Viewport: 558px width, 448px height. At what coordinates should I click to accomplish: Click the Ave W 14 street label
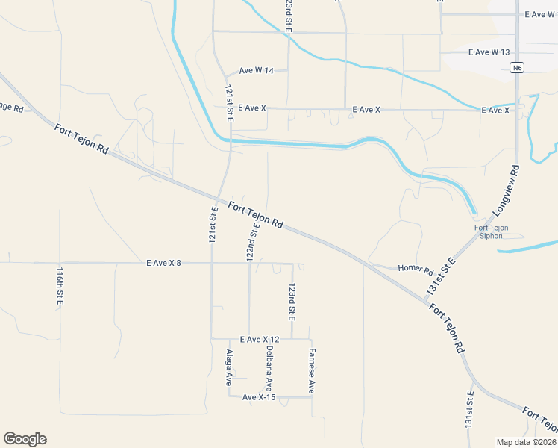257,71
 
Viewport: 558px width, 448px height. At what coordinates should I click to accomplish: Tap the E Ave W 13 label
489,52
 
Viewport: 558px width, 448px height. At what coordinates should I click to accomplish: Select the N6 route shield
517,68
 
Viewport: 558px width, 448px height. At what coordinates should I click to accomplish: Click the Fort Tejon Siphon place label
492,231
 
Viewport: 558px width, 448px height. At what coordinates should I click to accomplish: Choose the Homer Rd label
416,268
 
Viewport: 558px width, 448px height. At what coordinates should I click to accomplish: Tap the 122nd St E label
254,241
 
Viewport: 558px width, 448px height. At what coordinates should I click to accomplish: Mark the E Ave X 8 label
163,263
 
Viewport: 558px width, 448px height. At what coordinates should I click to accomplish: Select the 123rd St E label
292,302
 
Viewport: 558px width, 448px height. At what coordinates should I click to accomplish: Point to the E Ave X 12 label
260,339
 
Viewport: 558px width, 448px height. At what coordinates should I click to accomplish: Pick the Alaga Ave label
230,367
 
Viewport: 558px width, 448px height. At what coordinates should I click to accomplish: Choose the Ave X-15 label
259,397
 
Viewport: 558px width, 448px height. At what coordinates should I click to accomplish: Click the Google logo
25,439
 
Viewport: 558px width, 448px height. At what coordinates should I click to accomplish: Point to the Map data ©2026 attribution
527,442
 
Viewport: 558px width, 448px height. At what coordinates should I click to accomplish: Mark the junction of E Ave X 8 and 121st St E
211,263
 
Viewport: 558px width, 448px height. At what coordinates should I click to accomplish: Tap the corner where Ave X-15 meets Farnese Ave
312,397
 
